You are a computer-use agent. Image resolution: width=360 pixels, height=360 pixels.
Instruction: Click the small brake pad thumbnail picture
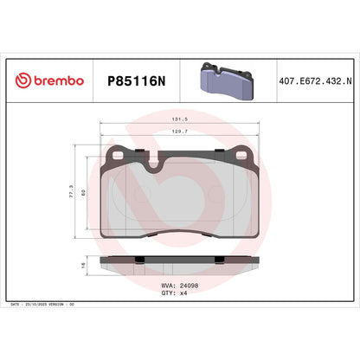225,79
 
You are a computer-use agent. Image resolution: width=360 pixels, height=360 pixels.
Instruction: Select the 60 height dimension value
84,193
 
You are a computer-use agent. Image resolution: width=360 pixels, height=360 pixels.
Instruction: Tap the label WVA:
170,285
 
